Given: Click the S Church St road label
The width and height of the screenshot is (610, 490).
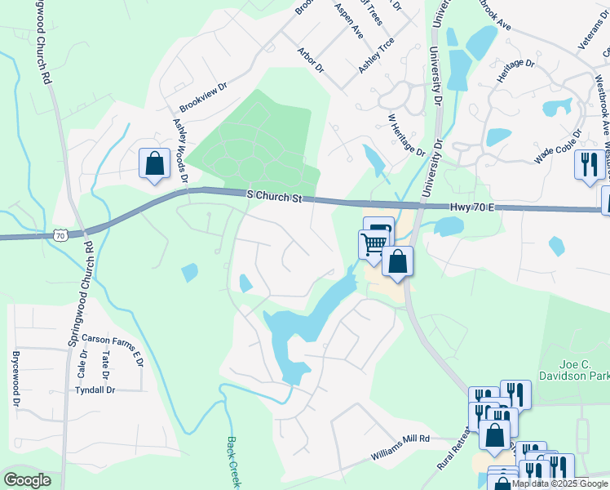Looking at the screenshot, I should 274,197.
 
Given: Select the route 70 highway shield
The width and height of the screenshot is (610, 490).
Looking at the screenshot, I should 60,235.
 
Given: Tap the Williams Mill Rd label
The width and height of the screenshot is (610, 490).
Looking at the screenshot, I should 400,439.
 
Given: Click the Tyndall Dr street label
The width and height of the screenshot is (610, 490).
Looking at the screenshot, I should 95,390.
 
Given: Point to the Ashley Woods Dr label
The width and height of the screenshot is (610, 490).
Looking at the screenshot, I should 180,150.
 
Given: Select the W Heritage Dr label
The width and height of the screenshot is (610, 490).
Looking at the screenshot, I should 407,136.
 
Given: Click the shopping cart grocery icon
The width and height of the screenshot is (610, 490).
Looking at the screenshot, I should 374,243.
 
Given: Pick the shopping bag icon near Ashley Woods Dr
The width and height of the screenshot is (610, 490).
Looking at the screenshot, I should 153,163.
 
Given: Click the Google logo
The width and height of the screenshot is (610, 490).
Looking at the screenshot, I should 28,480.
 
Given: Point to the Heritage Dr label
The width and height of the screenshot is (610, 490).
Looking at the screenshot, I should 515,74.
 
